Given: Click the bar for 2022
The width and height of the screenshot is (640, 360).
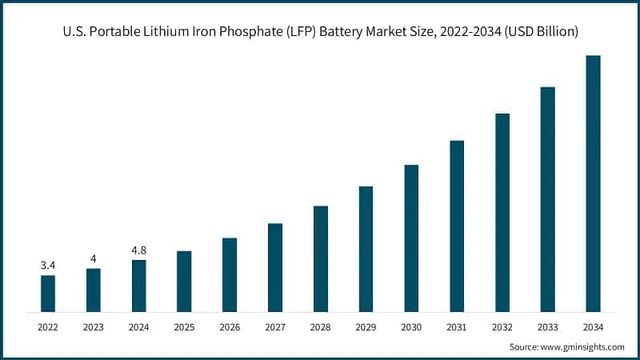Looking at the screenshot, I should tap(48, 293).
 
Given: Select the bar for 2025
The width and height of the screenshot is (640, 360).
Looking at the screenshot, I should tap(184, 281).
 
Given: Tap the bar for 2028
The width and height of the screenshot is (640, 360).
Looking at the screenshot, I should tap(320, 258).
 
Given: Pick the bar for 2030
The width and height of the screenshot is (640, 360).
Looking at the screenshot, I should tap(411, 238).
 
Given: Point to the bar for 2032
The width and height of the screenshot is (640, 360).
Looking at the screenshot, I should tap(502, 212).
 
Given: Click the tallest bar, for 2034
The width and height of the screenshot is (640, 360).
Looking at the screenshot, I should tap(593, 183).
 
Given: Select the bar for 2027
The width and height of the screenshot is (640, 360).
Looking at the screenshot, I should tap(275, 267).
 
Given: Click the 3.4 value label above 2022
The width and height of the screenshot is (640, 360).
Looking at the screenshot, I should tap(48, 265).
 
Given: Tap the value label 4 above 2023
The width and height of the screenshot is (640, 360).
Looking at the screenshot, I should tap(94, 258).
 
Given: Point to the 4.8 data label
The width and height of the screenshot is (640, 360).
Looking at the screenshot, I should tap(139, 250).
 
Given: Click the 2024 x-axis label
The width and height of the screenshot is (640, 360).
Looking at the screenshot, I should tap(139, 326).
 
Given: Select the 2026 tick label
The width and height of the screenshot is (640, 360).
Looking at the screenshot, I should tap(230, 326).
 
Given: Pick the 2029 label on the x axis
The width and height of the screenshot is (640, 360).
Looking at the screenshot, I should tap(366, 326).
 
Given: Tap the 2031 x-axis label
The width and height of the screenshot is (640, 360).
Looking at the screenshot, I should tap(457, 326).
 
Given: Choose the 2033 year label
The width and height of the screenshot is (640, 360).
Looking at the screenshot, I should tap(547, 326).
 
